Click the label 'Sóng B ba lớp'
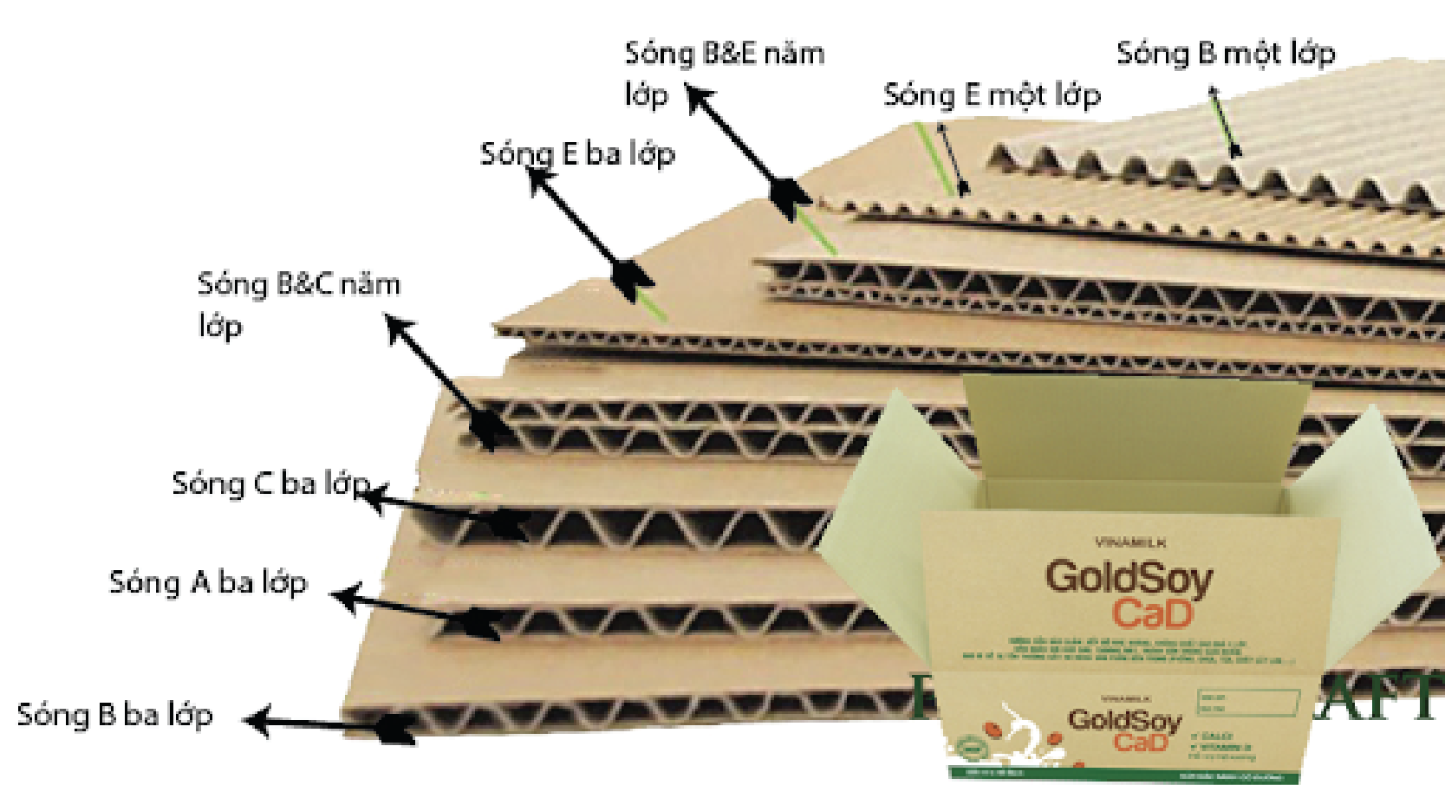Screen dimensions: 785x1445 pyautogui.click(x=114, y=716)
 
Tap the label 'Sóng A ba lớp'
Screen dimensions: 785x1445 pyautogui.click(x=208, y=582)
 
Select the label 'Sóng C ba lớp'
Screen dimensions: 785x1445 pyautogui.click(x=270, y=483)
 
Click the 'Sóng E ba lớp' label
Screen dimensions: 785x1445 pyautogui.click(x=577, y=154)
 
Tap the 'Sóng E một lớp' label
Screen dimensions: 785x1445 pyautogui.click(x=992, y=94)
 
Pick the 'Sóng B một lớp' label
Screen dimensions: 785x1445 pyautogui.click(x=1225, y=54)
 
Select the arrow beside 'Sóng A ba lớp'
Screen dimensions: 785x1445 pyautogui.click(x=416, y=610)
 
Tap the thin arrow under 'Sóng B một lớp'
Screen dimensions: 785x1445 pyautogui.click(x=1226, y=121)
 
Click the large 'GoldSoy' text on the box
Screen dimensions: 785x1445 pyautogui.click(x=1129, y=578)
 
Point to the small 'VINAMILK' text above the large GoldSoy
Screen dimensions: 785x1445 pyautogui.click(x=1130, y=543)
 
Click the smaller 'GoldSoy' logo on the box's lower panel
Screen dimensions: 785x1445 pyautogui.click(x=1124, y=720)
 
